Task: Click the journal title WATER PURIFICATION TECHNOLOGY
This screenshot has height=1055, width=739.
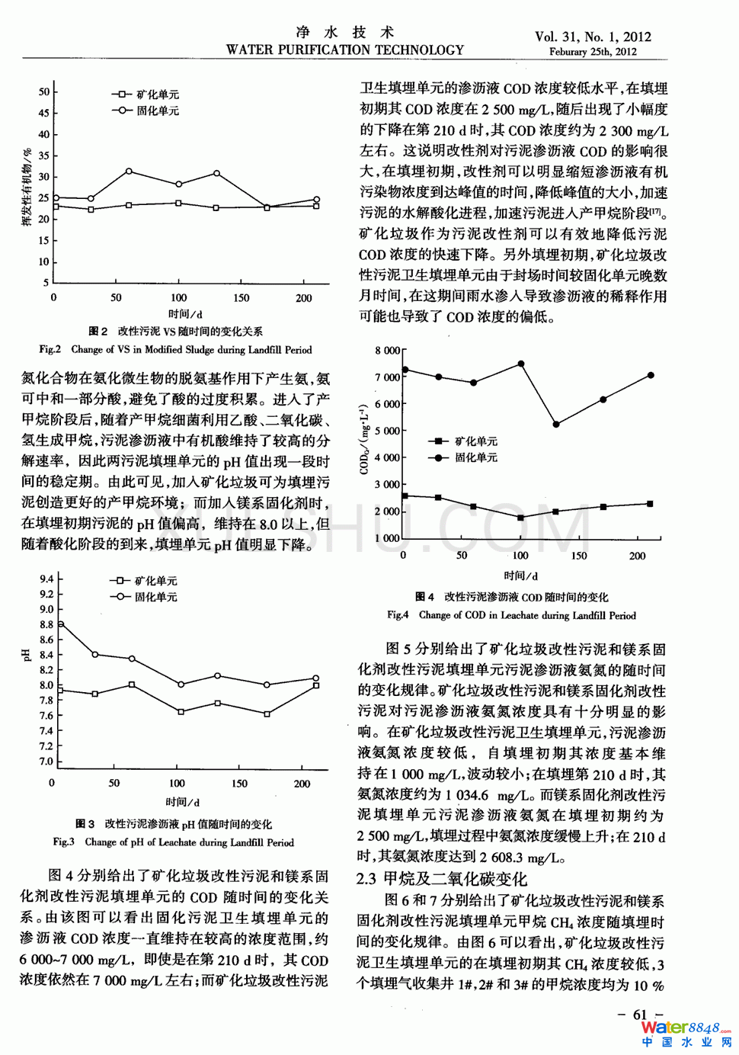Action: (x=344, y=50)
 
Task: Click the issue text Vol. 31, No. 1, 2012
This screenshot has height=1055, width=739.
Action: (x=593, y=36)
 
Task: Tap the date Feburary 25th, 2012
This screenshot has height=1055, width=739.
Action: (x=593, y=52)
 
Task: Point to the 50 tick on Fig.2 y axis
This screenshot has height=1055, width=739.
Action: (x=44, y=91)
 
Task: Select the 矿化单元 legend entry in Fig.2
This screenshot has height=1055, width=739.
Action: (x=146, y=95)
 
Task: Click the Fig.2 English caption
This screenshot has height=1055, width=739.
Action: (x=175, y=350)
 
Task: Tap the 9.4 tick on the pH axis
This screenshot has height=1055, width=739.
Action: (x=46, y=579)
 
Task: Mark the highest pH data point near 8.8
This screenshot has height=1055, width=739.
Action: (x=60, y=624)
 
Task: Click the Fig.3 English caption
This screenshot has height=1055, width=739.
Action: (x=173, y=842)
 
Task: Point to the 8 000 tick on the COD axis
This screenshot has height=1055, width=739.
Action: (x=387, y=351)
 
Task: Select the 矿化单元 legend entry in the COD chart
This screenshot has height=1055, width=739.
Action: (x=465, y=441)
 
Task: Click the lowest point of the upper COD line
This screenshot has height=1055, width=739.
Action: (x=556, y=424)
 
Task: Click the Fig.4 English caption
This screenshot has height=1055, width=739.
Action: (x=511, y=615)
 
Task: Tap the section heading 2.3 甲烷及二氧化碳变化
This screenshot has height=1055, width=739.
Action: (x=441, y=879)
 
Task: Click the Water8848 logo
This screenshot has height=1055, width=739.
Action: (x=685, y=1033)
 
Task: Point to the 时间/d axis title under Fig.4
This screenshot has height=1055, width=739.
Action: (x=520, y=576)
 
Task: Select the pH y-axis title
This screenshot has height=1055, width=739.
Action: (x=27, y=654)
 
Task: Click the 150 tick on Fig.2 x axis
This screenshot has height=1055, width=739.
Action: (x=241, y=298)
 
